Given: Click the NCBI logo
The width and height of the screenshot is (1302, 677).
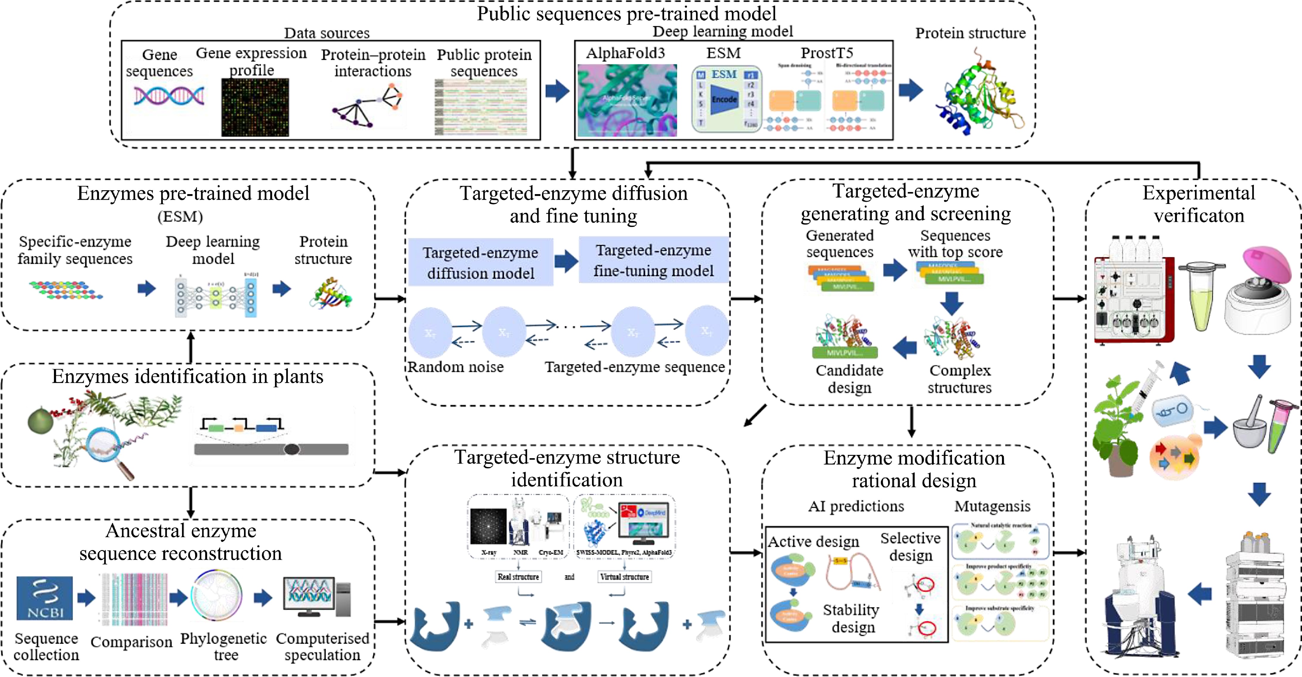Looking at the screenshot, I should coord(44,598).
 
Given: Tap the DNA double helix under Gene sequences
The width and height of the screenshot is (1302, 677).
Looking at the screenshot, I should coord(169,96).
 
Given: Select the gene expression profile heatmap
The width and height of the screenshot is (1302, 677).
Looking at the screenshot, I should coord(255,107).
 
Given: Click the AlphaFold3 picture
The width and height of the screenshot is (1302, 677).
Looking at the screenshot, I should coord(627,100).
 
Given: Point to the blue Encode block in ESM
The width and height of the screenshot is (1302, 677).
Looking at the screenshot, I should coord(724,99).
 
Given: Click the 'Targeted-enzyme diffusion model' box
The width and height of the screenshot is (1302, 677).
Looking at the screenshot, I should coord(481,263).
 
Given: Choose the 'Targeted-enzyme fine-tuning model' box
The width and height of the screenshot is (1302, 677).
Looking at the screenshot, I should coord(653,260).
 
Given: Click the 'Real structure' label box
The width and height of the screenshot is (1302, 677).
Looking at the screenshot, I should coord(518,576).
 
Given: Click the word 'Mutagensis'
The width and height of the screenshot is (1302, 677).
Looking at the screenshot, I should coord(992,506).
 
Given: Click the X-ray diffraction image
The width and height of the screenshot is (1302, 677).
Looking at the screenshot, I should coord(488,526).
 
